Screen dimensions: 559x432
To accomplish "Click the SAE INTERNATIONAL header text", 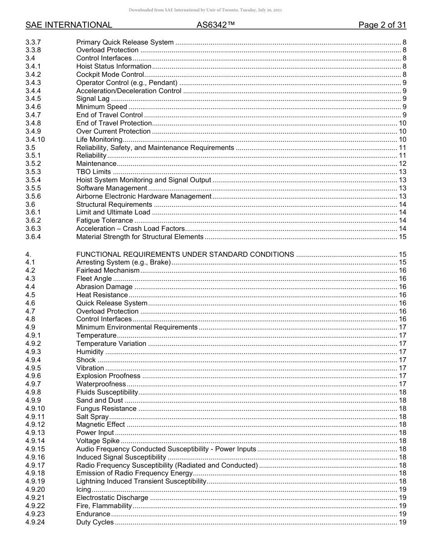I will pyautogui.click(x=69, y=25).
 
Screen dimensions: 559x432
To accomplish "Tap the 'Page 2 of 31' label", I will pyautogui.click(x=382, y=25).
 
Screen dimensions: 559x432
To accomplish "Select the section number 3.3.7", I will pyautogui.click(x=33, y=42).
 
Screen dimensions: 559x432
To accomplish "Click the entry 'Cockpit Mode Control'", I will pyautogui.click(x=110, y=75).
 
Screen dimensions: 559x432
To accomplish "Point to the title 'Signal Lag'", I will pyautogui.click(x=93, y=99).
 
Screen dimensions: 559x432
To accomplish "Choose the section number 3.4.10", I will pyautogui.click(x=35, y=140).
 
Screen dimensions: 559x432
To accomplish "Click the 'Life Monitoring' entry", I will pyautogui.click(x=99, y=140).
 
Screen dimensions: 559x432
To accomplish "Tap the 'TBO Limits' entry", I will pyautogui.click(x=94, y=172).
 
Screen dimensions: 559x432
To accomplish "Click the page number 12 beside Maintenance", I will pyautogui.click(x=402, y=164).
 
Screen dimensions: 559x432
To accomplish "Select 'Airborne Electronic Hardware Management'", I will pyautogui.click(x=144, y=196).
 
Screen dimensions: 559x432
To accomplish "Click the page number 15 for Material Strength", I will pyautogui.click(x=402, y=237).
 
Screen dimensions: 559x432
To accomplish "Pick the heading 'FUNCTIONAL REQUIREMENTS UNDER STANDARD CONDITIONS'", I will pyautogui.click(x=185, y=255).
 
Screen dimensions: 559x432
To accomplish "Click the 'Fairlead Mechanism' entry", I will pyautogui.click(x=108, y=270).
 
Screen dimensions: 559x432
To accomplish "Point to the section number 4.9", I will pyautogui.click(x=30, y=327).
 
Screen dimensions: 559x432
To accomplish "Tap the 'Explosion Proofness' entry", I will pyautogui.click(x=108, y=376).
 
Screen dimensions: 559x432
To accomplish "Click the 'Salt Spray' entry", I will pyautogui.click(x=92, y=417).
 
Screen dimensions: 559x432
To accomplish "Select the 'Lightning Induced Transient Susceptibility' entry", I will pyautogui.click(x=141, y=481).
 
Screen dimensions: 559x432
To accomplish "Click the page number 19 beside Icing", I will pyautogui.click(x=402, y=489).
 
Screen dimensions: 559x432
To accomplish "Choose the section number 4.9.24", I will pyautogui.click(x=35, y=522).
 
